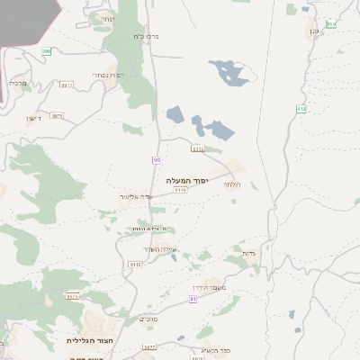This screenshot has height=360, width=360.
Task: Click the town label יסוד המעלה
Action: coord(187,180)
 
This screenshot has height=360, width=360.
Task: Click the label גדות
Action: coord(249,254)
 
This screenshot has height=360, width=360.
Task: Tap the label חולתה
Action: coord(232,184)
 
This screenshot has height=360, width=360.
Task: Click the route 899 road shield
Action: coord(46,51)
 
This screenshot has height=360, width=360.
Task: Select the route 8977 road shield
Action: coord(67,85)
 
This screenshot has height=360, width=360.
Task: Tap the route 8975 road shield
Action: coord(57,116)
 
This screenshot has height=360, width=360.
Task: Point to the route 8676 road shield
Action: coord(73,295)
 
